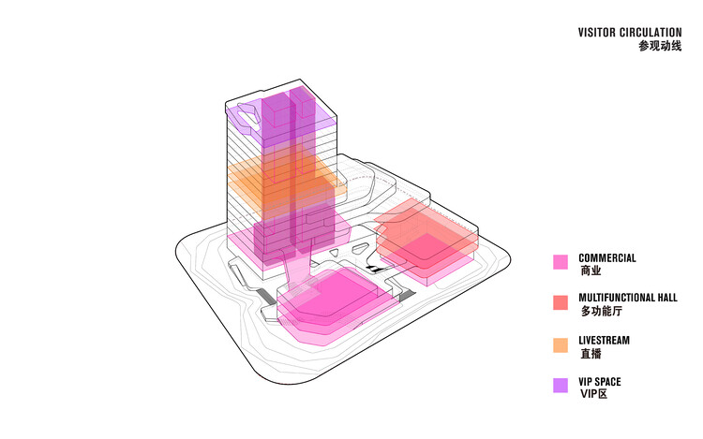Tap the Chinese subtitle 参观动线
[660, 46]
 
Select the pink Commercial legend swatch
[561, 262]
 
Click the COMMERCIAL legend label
[607, 258]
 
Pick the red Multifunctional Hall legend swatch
[561, 302]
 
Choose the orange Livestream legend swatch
[561, 345]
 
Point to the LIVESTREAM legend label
[604, 341]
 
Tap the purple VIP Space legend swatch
[561, 386]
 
